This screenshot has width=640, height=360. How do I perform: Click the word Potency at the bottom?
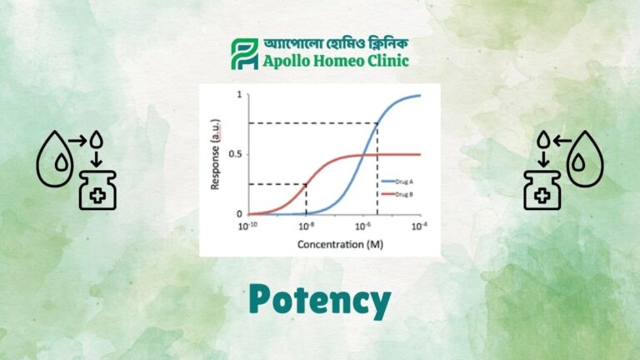click(319, 300)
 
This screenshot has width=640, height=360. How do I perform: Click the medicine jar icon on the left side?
click(97, 192)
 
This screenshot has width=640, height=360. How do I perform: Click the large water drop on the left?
click(55, 162)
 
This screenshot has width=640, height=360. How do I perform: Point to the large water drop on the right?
click(585, 162)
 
